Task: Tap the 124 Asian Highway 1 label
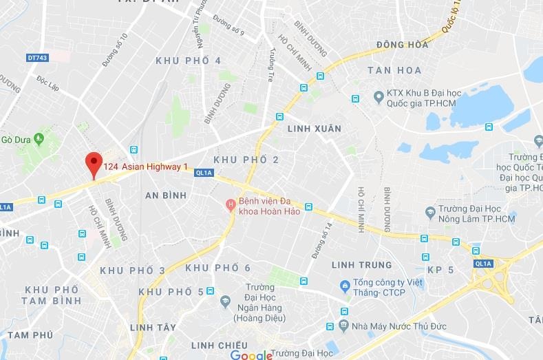[x=145, y=167]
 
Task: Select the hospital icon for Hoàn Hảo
[x=231, y=204]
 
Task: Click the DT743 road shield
[x=38, y=58]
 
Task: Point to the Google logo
[x=251, y=354]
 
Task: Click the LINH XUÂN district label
[x=314, y=129]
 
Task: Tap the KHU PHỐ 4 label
[x=189, y=61]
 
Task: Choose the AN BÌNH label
[x=166, y=195]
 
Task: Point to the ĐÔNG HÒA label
[x=403, y=45]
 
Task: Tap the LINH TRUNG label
[x=361, y=265]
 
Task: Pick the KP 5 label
[x=440, y=270]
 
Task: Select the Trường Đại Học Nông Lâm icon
[x=430, y=210]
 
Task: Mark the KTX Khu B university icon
[x=377, y=96]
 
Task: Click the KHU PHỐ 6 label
[x=218, y=267]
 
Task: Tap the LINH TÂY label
[x=153, y=327]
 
